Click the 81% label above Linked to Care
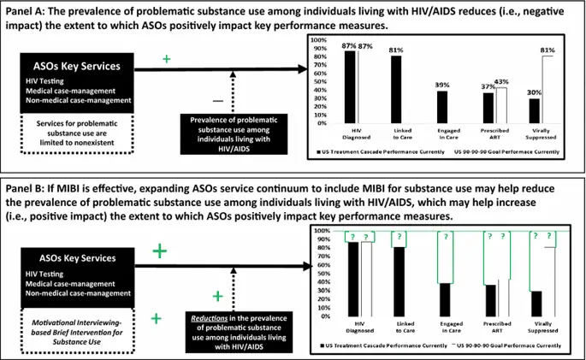396,49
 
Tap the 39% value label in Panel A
441,85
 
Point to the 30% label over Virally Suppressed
533,92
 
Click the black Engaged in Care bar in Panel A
441,106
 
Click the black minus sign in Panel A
217,101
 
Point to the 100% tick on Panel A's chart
316,40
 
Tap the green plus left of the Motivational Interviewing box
156,318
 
